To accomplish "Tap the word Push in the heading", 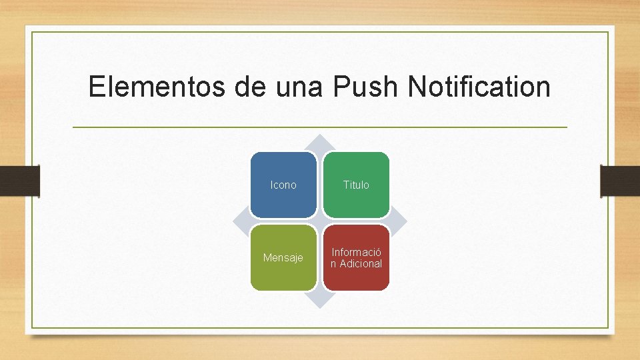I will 365,87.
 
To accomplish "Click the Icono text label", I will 283,185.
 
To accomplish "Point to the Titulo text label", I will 356,185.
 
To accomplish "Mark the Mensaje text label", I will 283,257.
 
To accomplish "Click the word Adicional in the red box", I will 361,263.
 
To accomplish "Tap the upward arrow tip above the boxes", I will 320,141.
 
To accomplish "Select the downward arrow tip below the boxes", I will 320,301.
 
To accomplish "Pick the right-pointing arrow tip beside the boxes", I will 401,221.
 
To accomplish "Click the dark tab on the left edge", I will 19,181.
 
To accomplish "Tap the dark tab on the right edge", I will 620,181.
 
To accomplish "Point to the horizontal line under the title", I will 320,127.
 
